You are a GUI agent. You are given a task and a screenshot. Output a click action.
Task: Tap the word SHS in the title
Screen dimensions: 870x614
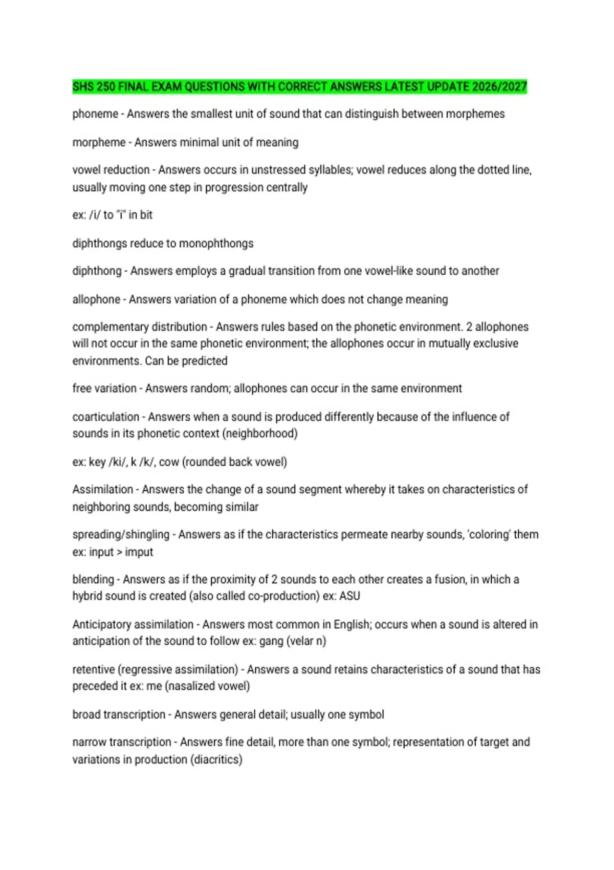click(x=83, y=86)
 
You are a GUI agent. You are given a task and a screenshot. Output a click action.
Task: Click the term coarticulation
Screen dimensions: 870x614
click(x=105, y=417)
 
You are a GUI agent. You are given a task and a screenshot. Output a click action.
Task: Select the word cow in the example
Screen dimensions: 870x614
click(x=169, y=462)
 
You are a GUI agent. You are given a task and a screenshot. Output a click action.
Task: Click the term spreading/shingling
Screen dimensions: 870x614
click(x=121, y=534)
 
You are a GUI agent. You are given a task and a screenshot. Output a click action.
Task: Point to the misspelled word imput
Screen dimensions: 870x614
click(x=139, y=552)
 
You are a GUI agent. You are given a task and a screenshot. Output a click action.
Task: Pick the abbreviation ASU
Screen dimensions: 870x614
click(x=349, y=596)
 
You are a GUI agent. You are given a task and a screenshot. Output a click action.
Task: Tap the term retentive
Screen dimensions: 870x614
click(x=94, y=669)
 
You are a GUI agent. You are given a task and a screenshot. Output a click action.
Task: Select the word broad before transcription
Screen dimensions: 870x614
click(x=86, y=714)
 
